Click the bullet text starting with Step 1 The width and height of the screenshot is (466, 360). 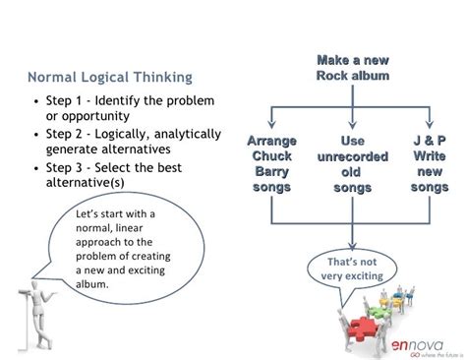(x=123, y=108)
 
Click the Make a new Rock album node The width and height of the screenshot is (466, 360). (x=352, y=68)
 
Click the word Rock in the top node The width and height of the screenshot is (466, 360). (x=335, y=76)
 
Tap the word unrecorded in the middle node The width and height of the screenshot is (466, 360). (x=352, y=154)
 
